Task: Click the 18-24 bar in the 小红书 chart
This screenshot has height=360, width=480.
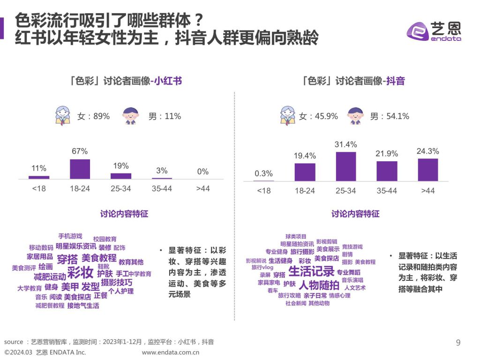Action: point(80,169)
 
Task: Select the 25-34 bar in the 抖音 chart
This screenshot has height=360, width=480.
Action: point(345,166)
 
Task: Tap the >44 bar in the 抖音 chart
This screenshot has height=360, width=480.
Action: point(427,169)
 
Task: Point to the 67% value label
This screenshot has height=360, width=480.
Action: point(80,151)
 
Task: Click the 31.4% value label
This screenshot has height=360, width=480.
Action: point(345,144)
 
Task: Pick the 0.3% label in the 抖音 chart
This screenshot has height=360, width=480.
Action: point(263,174)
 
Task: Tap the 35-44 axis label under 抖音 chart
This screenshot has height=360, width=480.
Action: point(386,191)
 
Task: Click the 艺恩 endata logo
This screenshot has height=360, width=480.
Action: point(434,31)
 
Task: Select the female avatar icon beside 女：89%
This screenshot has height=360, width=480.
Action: point(62,115)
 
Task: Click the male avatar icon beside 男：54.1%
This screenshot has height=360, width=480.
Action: point(356,115)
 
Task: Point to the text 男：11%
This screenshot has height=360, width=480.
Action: point(165,116)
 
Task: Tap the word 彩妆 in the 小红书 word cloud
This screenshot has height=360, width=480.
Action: point(80,272)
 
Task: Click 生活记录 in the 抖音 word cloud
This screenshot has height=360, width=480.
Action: point(311,271)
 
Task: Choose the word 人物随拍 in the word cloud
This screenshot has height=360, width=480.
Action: point(319,285)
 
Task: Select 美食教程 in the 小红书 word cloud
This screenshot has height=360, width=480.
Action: point(99,258)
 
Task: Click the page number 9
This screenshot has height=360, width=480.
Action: point(458,343)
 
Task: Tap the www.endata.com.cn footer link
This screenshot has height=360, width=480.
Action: point(171,352)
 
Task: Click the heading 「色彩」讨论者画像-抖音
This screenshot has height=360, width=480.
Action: point(353,81)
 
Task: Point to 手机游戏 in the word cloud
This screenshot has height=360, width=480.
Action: point(70,236)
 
